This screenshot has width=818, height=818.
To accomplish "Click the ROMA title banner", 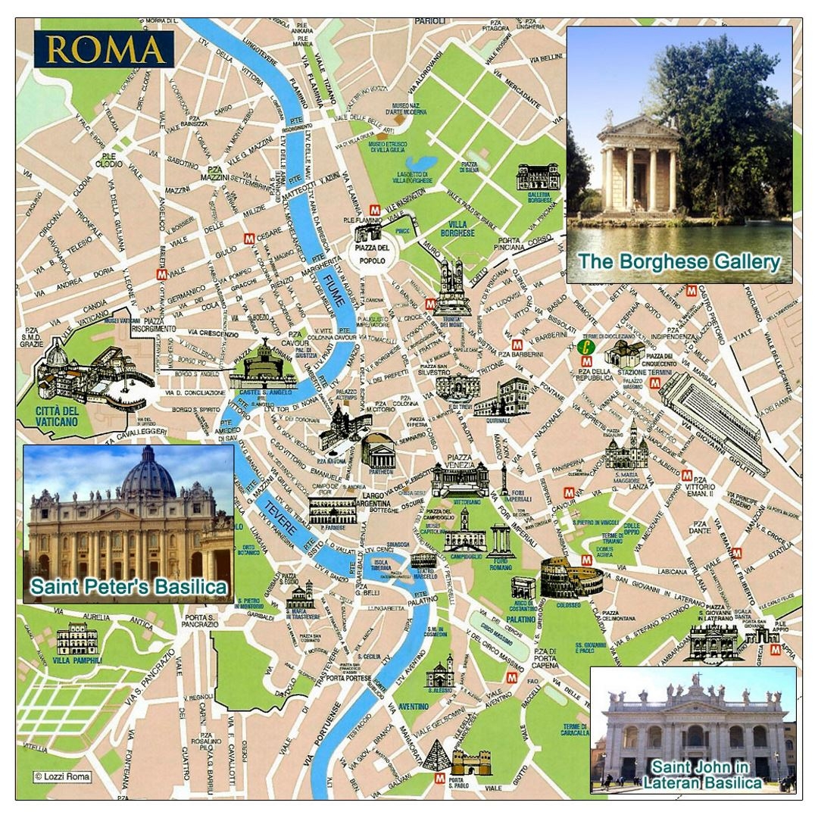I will tap(105, 49).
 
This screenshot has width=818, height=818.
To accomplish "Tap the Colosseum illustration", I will tap(561, 577).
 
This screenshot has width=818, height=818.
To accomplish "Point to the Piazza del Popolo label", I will tap(372, 254).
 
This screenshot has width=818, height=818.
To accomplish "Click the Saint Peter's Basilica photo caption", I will tap(129, 587).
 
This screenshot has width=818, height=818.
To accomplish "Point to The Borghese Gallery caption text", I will tap(679, 262).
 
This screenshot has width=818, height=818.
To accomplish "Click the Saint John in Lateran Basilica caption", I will tap(702, 775).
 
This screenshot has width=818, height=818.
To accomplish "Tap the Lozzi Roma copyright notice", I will tap(62, 776).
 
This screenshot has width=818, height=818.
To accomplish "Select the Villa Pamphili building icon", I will tap(76, 639).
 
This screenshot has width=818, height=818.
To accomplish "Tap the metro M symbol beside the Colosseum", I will tap(586, 560).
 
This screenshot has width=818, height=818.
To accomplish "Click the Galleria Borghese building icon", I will tap(537, 177).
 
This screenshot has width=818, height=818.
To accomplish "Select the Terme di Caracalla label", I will tap(575, 729).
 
